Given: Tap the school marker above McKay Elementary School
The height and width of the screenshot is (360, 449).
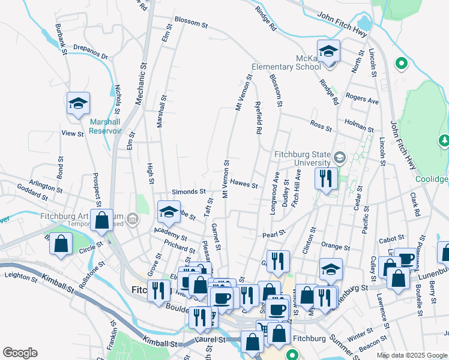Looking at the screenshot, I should (x=328, y=52).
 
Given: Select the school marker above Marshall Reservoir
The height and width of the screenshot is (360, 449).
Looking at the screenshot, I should (x=78, y=104).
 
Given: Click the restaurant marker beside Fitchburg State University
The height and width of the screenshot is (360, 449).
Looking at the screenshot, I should (x=327, y=178).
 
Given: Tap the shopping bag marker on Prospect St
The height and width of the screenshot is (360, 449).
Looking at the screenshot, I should (x=102, y=220).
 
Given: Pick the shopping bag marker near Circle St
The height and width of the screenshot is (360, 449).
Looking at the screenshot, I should (x=61, y=244).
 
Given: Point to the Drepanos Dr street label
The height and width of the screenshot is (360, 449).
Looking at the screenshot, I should (x=90, y=52).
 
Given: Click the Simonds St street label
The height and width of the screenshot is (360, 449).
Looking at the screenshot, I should (x=189, y=191).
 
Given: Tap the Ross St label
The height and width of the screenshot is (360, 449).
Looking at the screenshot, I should (x=321, y=125).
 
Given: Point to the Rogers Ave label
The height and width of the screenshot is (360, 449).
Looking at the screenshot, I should (x=363, y=98).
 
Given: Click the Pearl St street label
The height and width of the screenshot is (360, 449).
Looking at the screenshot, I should (x=273, y=233).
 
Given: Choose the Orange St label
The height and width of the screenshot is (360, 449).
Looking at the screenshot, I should (x=336, y=246).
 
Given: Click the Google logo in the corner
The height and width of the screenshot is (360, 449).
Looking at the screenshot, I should (x=20, y=353).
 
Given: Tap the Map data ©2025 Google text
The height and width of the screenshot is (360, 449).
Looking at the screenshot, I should (x=411, y=355).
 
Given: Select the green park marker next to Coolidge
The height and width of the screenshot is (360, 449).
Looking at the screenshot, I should (x=444, y=141).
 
